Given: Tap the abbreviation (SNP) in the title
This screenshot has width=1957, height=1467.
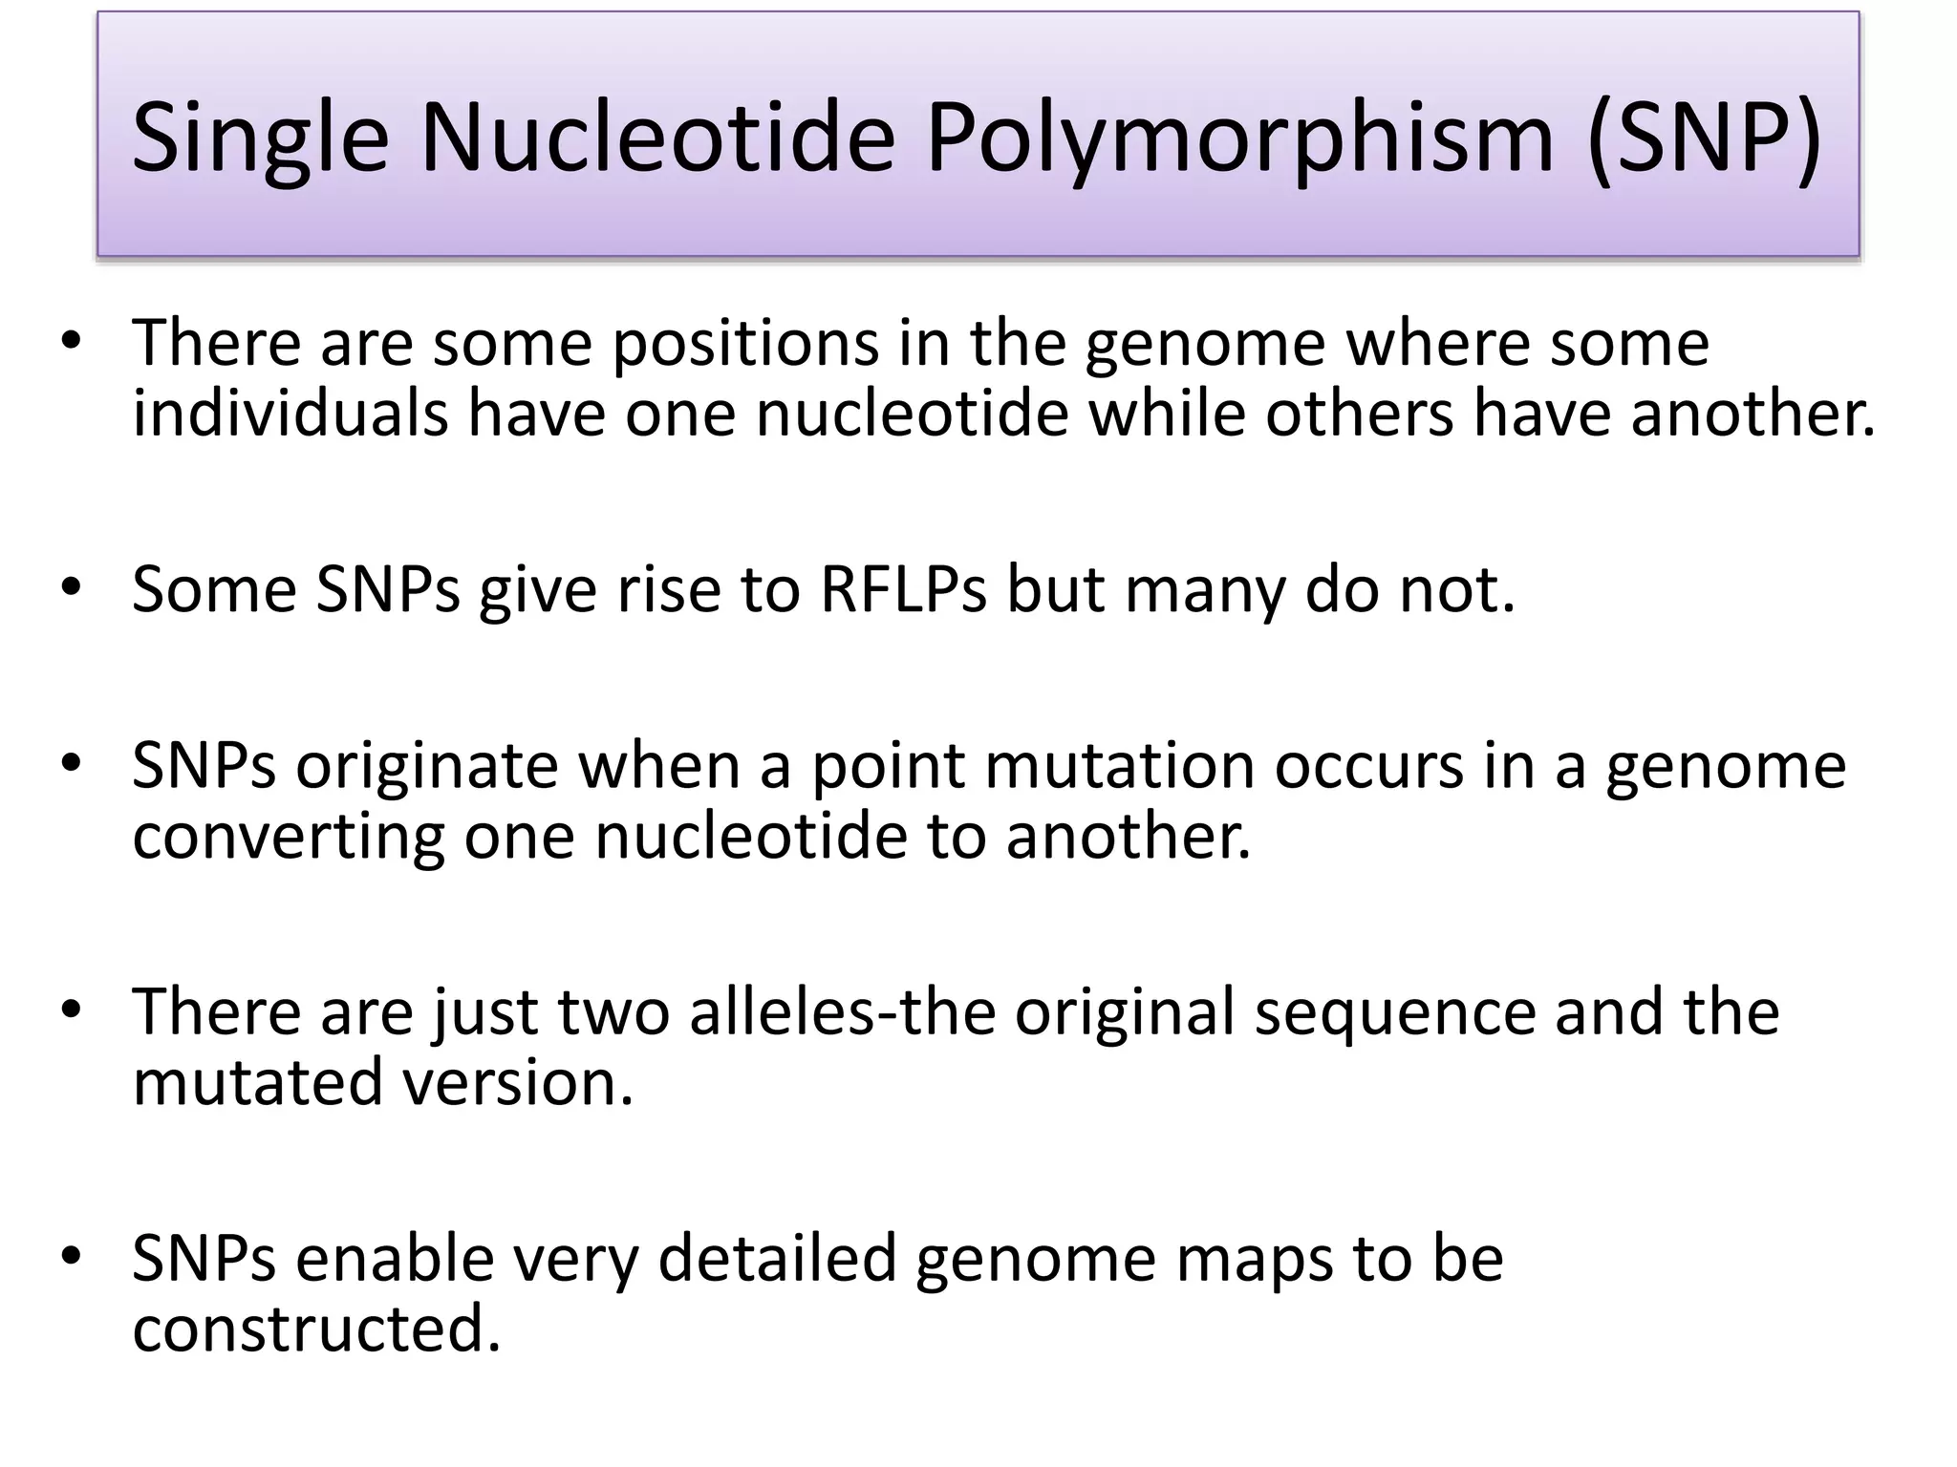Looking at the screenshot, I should pyautogui.click(x=1704, y=139).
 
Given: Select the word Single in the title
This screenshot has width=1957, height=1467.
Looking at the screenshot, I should pyautogui.click(x=260, y=139).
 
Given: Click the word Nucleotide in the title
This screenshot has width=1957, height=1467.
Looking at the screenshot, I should pyautogui.click(x=657, y=139).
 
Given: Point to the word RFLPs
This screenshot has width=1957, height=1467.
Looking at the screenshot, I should pyautogui.click(x=903, y=589).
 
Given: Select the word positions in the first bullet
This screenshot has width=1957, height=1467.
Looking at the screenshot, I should pyautogui.click(x=744, y=343).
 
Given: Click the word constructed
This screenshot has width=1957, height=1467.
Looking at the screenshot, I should pyautogui.click(x=316, y=1329).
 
